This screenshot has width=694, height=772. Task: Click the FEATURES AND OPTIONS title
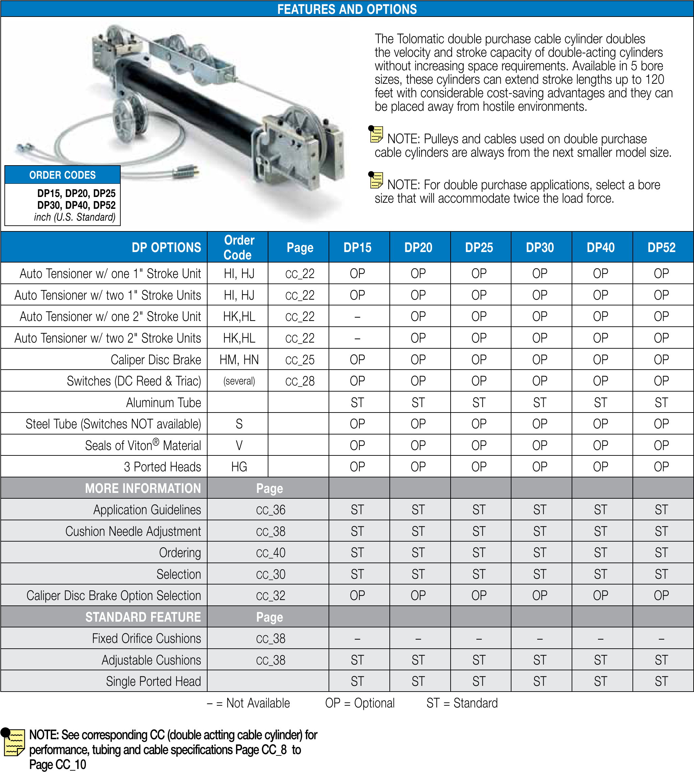(x=346, y=9)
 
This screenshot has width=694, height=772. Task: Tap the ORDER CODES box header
(x=63, y=175)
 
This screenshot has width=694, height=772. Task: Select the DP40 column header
(x=600, y=247)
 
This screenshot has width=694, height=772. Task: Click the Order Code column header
(x=239, y=247)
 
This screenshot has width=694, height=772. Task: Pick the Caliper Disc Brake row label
(x=155, y=360)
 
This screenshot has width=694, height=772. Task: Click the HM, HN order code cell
(x=239, y=360)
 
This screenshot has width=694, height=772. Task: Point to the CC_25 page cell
(x=300, y=360)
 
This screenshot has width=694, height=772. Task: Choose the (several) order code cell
(x=239, y=381)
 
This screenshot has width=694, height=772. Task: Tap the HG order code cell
(x=239, y=467)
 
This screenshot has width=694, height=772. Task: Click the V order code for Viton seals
(x=239, y=445)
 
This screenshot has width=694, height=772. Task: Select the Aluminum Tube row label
(x=163, y=403)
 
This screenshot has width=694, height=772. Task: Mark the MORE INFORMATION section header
(x=143, y=489)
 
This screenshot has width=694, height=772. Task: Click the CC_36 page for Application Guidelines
(x=270, y=510)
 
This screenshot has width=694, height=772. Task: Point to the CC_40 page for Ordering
(x=270, y=553)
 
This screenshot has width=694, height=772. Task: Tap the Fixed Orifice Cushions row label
(x=146, y=639)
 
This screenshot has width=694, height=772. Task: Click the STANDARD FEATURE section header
(x=143, y=617)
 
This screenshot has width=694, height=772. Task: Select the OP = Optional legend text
(x=360, y=703)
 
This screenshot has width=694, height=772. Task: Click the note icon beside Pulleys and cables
(x=376, y=134)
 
